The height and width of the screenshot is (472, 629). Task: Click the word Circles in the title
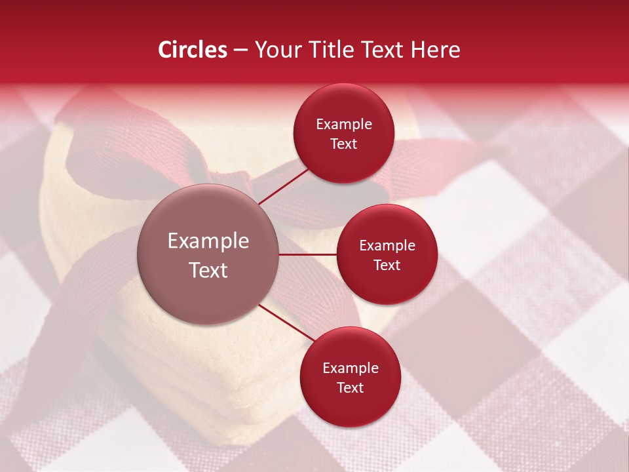pos(193,50)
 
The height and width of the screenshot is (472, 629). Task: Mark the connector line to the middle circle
pos(308,254)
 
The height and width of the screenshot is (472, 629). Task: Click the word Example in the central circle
pos(208,241)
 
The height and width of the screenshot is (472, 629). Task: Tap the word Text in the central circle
pos(208,270)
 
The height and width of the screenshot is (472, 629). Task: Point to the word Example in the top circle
pos(344,125)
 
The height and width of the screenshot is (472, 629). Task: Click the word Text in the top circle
pos(344,144)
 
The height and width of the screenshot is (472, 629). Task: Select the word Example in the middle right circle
pos(387,246)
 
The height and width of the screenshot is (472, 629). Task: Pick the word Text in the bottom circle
pos(350,387)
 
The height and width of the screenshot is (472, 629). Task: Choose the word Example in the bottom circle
pos(351,368)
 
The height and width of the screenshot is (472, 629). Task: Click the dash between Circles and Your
pos(240,50)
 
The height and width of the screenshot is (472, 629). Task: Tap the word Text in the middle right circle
pos(387,265)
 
